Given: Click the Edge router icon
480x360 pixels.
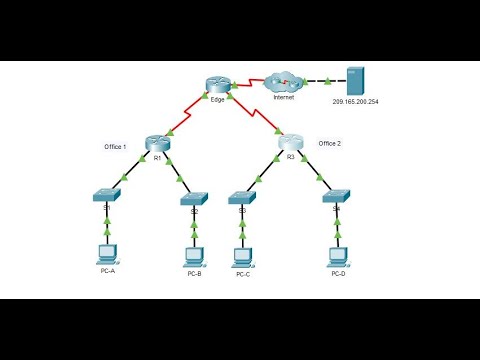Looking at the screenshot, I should coord(218,86).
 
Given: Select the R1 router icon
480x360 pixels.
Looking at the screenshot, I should coord(156,142).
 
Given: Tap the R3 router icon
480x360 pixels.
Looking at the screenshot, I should coord(291,142).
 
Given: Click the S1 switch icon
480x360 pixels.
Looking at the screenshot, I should coord(106,196).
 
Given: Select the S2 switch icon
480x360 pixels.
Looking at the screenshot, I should coord(194,198).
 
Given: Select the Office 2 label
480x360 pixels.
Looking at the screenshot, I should coord(331,143).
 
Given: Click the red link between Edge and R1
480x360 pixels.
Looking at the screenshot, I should coord(187,114).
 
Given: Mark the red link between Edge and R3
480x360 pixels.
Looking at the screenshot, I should coord(256,115).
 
